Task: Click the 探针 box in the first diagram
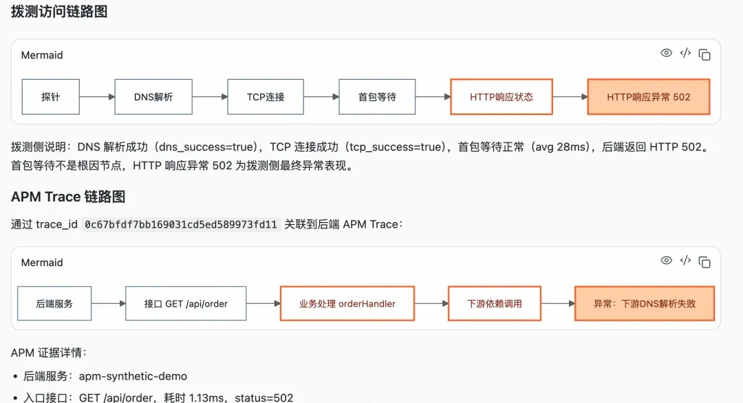51,96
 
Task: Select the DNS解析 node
153,96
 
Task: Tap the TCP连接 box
266,96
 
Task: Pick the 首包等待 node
377,96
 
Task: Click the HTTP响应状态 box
502,96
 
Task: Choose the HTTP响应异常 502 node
649,96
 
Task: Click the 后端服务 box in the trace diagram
54,303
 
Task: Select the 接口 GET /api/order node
186,303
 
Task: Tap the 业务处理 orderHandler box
347,303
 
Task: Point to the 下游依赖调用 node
495,303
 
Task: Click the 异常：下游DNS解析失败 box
645,303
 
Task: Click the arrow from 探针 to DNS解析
97,96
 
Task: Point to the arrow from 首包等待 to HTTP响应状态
433,96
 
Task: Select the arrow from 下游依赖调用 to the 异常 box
558,303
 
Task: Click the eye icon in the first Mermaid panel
666,53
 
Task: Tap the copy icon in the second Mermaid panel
704,262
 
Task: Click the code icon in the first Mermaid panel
685,53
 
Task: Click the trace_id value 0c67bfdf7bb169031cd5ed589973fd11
180,224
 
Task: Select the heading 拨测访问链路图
59,12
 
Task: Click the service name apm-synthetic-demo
133,376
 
